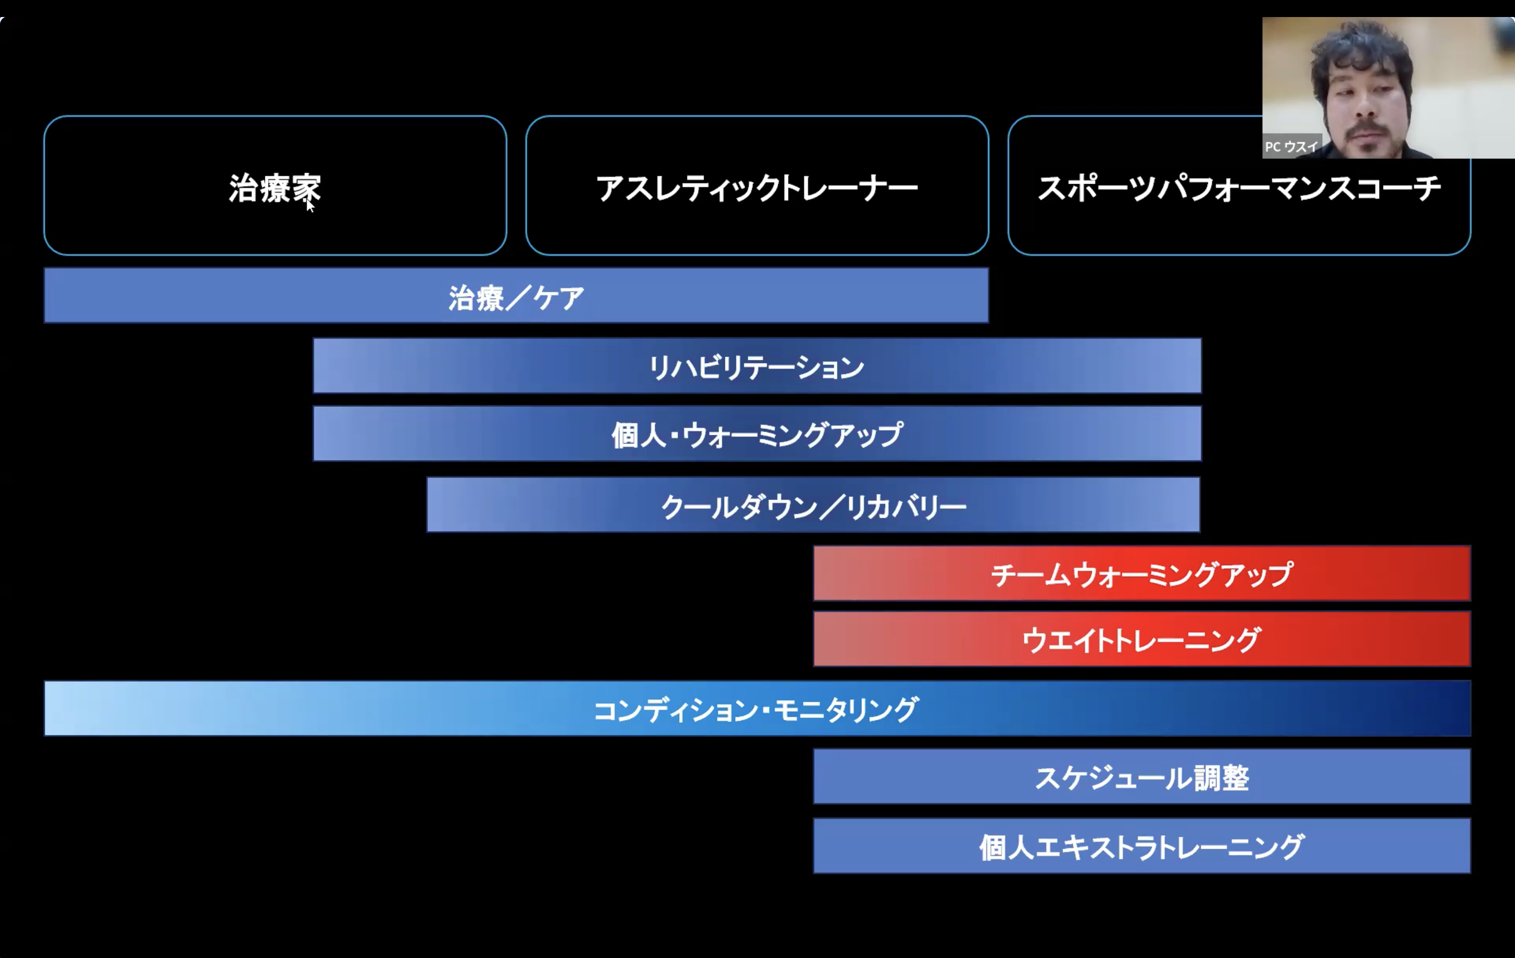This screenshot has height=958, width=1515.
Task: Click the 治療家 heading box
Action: (x=275, y=185)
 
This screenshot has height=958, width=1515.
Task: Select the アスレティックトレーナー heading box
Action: (x=757, y=185)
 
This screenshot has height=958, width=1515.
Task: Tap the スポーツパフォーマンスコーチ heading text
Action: (x=1239, y=188)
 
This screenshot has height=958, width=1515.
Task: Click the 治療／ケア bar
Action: (x=516, y=296)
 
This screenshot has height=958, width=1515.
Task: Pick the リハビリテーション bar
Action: (x=757, y=366)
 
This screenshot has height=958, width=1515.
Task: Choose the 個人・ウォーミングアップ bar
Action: (x=757, y=434)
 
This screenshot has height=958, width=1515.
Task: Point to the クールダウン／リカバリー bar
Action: (x=813, y=505)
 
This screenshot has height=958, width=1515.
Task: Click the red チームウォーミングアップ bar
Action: (x=1141, y=573)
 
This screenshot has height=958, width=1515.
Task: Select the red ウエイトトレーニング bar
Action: (x=1141, y=639)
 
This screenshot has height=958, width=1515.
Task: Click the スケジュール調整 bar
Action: (x=1141, y=777)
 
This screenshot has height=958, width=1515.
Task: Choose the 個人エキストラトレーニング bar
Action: (x=1141, y=846)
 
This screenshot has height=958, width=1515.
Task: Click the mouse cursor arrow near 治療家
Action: (x=310, y=205)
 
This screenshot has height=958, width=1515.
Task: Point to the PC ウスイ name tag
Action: (x=1291, y=146)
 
